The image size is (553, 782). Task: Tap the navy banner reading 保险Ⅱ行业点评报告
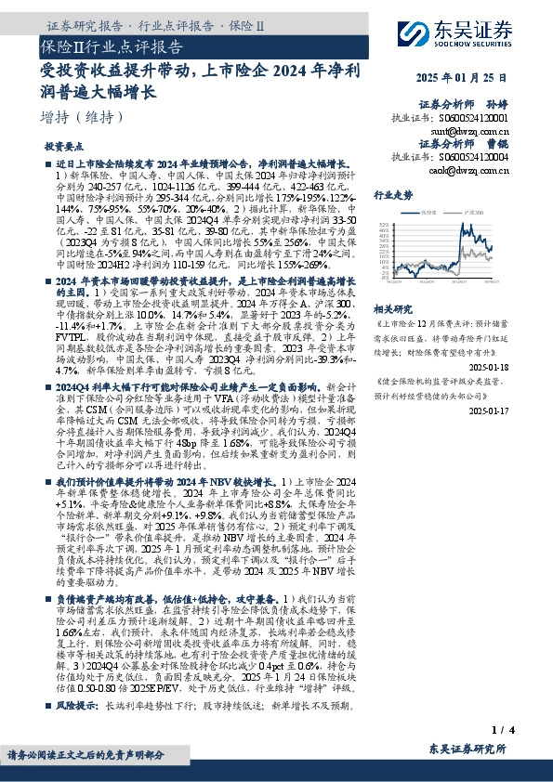pyautogui.click(x=112, y=46)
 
